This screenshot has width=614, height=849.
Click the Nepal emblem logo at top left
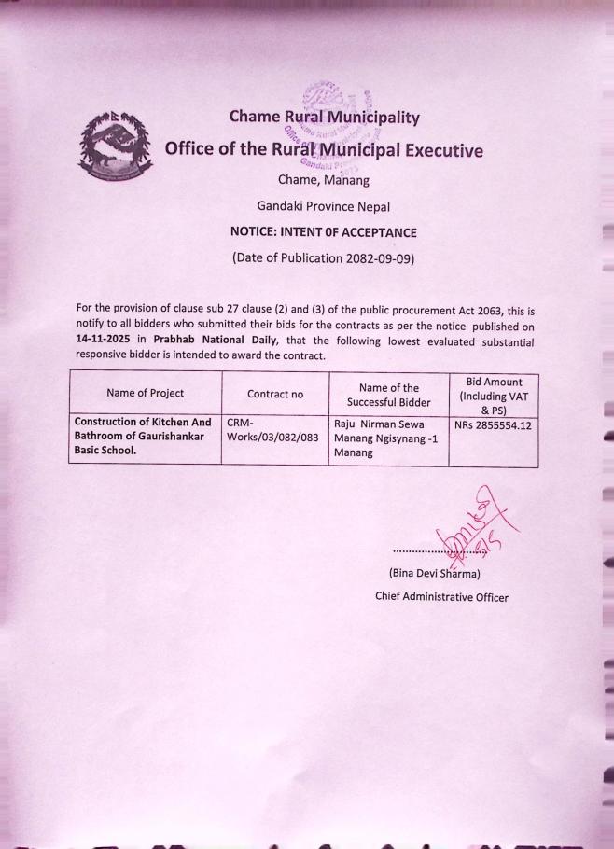(113, 148)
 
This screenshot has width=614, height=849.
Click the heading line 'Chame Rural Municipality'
(324, 118)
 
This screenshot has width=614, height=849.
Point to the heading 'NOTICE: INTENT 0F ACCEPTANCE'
(323, 232)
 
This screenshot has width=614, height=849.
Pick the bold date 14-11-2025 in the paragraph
(104, 341)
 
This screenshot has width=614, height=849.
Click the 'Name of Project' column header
(145, 394)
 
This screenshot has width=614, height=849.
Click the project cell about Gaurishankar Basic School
(143, 436)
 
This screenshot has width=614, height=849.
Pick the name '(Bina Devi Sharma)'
(434, 573)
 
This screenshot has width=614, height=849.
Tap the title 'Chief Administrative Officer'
(441, 597)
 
